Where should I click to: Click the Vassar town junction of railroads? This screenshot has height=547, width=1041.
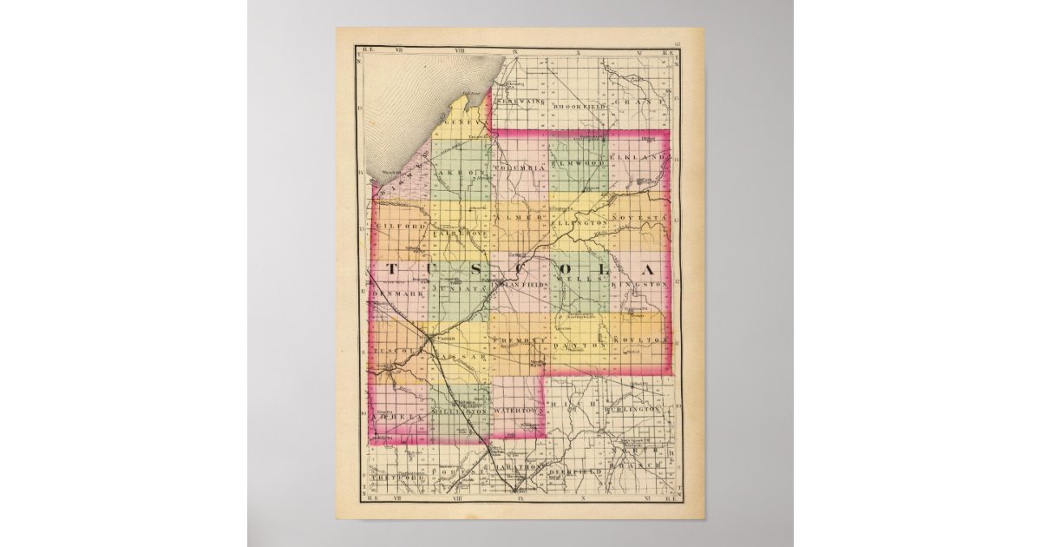pyautogui.click(x=431, y=337)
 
